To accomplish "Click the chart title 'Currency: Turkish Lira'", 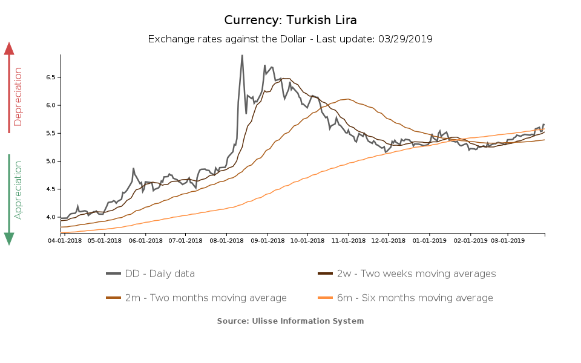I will point(290,20).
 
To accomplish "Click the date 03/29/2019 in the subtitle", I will point(405,39).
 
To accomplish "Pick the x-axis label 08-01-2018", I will point(226,240).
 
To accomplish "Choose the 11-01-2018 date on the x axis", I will point(348,240).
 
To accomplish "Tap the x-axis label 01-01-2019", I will point(429,240).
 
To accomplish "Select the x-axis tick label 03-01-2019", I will point(507,240).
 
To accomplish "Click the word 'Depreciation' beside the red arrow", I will point(18,97).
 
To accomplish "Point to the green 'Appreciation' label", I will point(18,189).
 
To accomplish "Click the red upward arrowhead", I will point(9,48).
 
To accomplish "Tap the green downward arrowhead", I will point(9,238).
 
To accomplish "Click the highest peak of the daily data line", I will point(242,56).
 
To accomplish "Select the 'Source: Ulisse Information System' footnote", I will point(290,321).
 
